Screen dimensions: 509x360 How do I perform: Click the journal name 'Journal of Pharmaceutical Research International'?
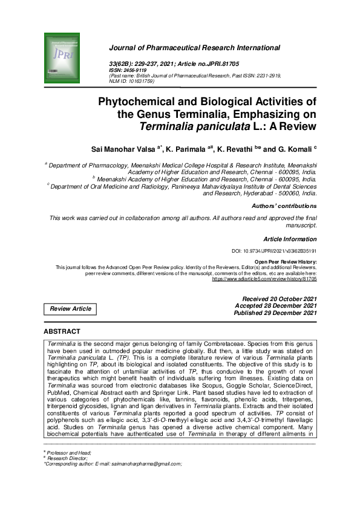(194, 48)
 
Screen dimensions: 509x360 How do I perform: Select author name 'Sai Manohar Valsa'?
(123, 149)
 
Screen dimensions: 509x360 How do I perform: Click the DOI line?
(274, 250)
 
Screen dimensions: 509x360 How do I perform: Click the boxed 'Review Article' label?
(70, 309)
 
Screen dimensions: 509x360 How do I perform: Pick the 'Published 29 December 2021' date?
(278, 313)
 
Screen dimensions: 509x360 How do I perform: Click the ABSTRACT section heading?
(62, 332)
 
